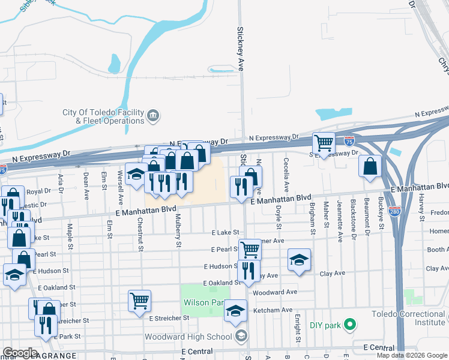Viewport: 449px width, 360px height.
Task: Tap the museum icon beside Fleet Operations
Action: (x=152, y=115)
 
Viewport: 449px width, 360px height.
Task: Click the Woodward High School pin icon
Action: (x=241, y=336)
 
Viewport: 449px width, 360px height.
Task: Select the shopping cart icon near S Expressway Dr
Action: (x=324, y=143)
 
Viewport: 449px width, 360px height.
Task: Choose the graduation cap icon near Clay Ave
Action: (x=299, y=260)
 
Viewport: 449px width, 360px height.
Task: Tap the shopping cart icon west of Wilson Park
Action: (x=139, y=300)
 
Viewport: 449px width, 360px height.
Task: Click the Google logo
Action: (x=20, y=353)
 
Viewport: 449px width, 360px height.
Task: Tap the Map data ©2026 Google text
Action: (x=411, y=355)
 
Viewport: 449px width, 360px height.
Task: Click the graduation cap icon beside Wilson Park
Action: (x=235, y=310)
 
